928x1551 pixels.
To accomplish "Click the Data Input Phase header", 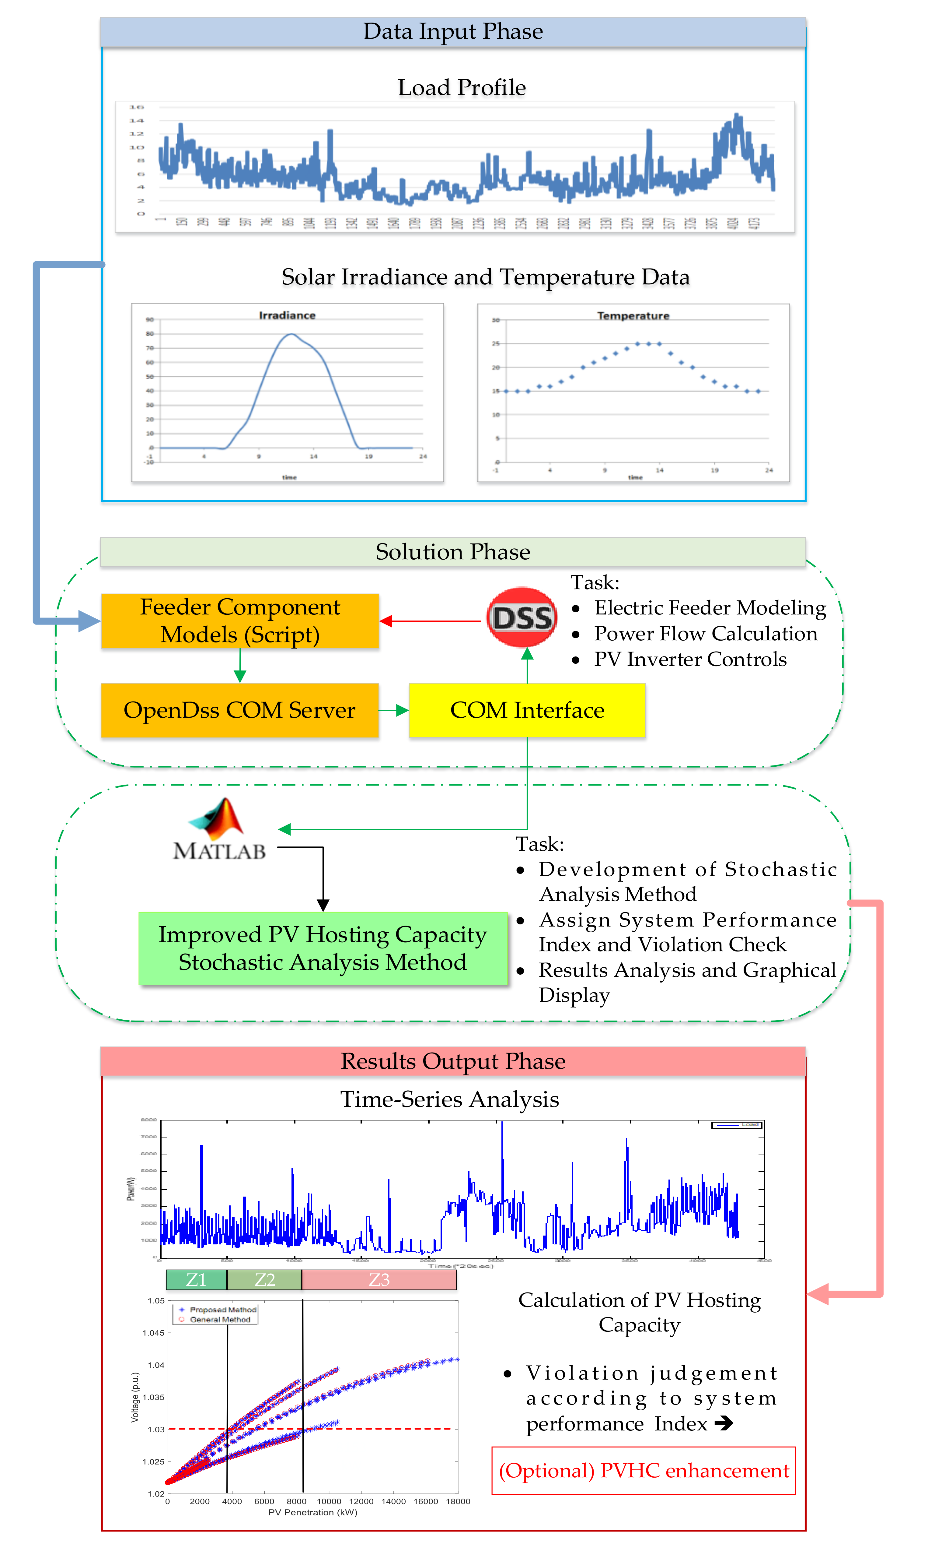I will pos(453,31).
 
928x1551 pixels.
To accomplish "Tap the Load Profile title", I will pos(462,88).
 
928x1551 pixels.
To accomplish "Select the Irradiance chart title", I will pos(287,315).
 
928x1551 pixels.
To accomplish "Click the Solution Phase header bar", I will pos(453,552).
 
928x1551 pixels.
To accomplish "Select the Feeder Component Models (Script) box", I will pos(240,621).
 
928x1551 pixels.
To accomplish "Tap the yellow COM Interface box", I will pos(527,710).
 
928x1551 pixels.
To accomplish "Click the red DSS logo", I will pos(522,617).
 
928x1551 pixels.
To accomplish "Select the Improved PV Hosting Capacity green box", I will pos(323,948).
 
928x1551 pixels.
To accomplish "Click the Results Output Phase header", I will pos(453,1061).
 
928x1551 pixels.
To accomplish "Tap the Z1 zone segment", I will pos(196,1279).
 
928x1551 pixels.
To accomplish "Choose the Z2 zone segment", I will pos(264,1279).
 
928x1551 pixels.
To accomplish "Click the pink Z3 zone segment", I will pos(379,1279).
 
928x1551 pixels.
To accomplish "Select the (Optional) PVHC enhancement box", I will pos(644,1470).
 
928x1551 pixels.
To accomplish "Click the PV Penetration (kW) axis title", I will pos(313,1512).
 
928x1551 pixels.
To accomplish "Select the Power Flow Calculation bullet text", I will pos(705,634).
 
